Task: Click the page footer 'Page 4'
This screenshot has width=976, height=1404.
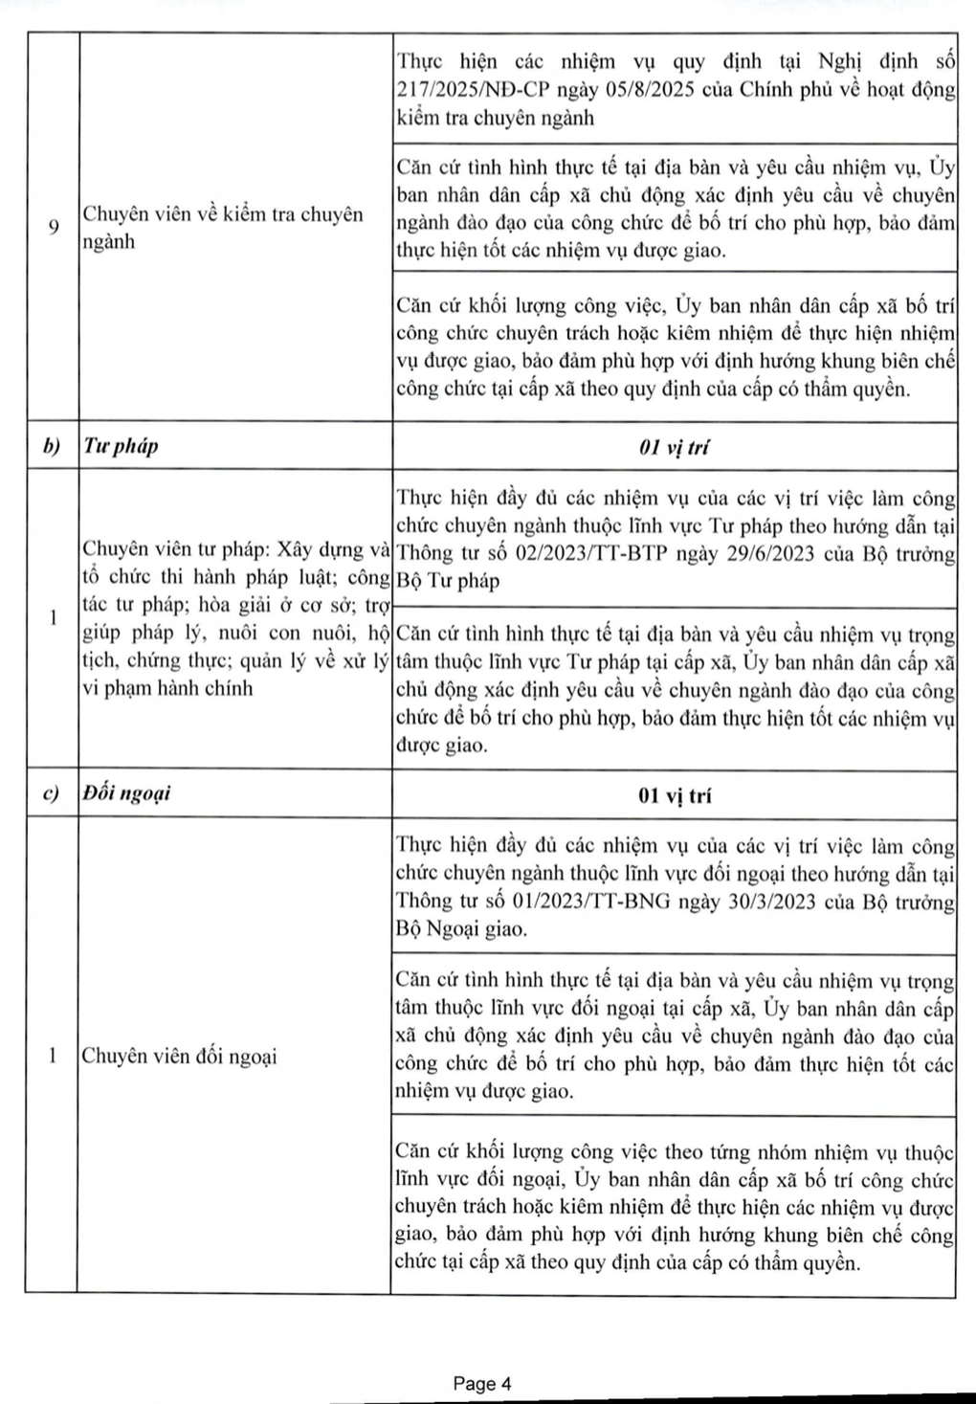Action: [x=482, y=1383]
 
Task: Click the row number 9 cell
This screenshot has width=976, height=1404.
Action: [x=53, y=227]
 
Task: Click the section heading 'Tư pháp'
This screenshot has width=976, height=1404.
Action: [x=121, y=446]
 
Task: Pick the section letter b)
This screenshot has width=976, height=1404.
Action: [x=52, y=446]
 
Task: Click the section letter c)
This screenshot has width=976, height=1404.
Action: [x=52, y=793]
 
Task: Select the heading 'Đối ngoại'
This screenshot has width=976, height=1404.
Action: [x=126, y=793]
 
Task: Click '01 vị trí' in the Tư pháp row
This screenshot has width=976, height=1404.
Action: [x=674, y=447]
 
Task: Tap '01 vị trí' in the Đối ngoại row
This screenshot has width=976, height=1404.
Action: [x=674, y=795]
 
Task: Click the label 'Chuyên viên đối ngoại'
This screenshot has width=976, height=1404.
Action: [x=179, y=1057]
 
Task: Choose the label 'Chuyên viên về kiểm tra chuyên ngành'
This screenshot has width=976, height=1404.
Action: [x=223, y=227]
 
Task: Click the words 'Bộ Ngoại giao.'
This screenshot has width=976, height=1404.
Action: [x=460, y=929]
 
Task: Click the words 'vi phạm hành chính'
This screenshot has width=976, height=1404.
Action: [x=167, y=688]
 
